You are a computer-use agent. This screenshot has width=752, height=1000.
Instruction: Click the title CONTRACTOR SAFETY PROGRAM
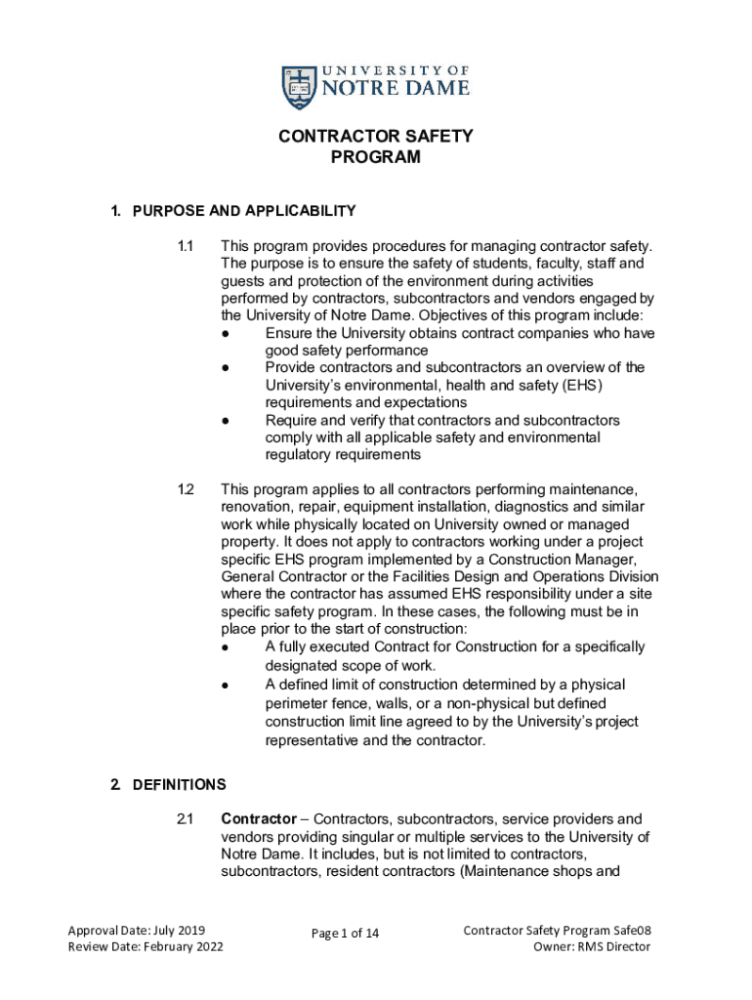click(375, 146)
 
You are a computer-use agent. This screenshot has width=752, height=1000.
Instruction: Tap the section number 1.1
click(186, 246)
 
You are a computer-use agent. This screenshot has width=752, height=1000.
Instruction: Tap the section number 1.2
click(186, 488)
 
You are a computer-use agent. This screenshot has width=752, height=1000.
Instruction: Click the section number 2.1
click(186, 818)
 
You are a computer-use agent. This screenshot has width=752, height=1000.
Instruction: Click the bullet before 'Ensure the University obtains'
click(226, 333)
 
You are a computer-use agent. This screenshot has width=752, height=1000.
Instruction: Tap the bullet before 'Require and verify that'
click(226, 420)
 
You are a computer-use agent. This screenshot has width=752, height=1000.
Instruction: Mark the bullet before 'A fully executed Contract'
click(226, 647)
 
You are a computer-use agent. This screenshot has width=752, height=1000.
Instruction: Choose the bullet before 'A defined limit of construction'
click(226, 686)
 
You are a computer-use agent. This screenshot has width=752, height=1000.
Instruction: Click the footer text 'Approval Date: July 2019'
click(136, 931)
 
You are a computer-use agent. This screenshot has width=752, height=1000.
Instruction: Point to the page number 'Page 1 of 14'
click(345, 934)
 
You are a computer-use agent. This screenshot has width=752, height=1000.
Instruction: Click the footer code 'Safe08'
click(629, 931)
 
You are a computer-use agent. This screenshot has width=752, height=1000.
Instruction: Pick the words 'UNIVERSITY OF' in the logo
click(396, 71)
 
